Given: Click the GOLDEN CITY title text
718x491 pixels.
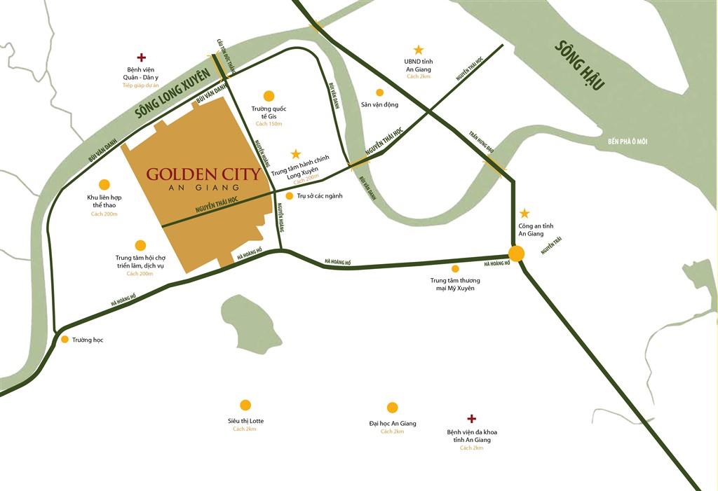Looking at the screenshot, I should click(x=203, y=174).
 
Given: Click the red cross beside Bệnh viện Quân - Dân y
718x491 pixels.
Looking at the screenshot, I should click(x=142, y=57).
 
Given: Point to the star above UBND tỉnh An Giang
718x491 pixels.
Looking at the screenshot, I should click(x=419, y=50).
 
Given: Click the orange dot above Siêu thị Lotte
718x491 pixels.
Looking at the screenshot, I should click(x=245, y=405).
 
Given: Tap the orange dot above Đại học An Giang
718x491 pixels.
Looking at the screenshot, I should click(x=392, y=408).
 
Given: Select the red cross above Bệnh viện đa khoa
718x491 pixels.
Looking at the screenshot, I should click(x=472, y=418).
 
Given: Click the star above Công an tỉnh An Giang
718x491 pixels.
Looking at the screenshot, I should click(x=524, y=213).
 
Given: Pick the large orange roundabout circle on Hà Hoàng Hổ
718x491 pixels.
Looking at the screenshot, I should click(x=517, y=254).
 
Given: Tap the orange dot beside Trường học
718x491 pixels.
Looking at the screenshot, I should click(x=65, y=340).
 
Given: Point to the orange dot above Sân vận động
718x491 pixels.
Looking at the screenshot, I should click(x=379, y=92).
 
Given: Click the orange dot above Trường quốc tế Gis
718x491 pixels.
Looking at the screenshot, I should click(x=268, y=96).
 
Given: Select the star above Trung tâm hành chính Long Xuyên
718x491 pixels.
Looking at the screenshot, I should click(x=295, y=153).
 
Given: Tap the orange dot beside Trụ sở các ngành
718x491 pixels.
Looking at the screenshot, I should click(x=289, y=196).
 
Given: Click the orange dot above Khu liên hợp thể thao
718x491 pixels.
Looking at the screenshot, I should click(x=104, y=185).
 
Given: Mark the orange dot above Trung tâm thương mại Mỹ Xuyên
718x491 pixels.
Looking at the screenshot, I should click(x=455, y=268).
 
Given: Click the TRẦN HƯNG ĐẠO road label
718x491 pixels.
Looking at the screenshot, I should click(x=482, y=146).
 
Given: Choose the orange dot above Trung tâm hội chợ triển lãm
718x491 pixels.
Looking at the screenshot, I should click(x=140, y=245).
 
